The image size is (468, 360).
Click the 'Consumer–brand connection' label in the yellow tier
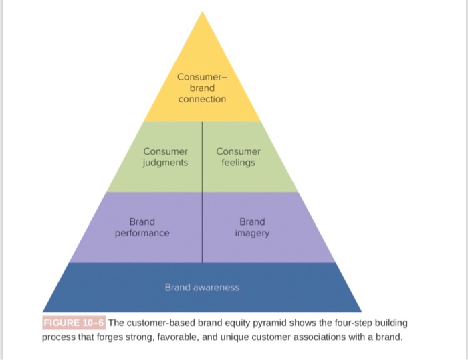[x=202, y=88]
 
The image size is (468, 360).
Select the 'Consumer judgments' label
[x=165, y=157]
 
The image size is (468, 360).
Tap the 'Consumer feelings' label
[x=239, y=157]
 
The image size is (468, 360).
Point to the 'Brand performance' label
[x=142, y=227]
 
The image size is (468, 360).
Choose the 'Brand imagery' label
[x=252, y=227]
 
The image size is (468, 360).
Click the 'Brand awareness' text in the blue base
[x=202, y=287]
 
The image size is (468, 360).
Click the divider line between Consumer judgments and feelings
[x=202, y=157]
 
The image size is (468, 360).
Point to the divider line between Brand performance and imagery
[x=202, y=227]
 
